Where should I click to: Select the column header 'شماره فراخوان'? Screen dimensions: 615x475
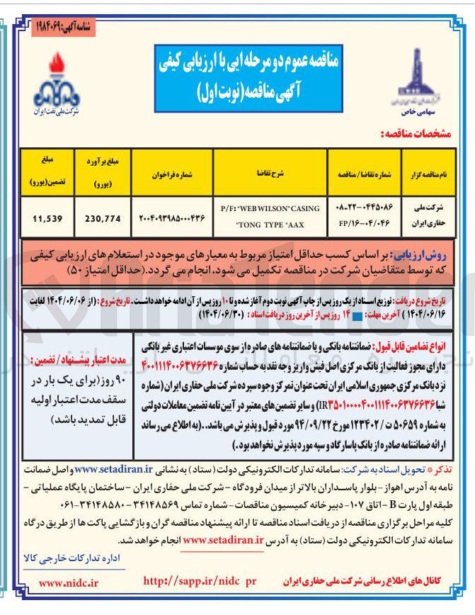[173, 172]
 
